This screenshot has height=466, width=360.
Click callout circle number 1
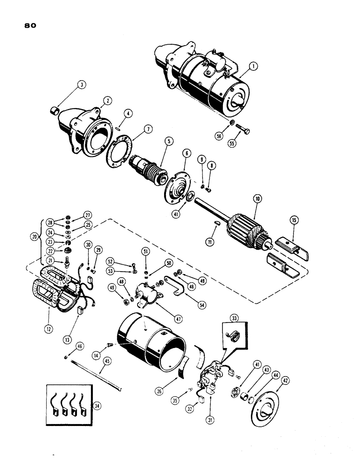coord(251,67)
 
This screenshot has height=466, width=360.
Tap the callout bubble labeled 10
coord(256,199)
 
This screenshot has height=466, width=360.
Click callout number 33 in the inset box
coord(233,319)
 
